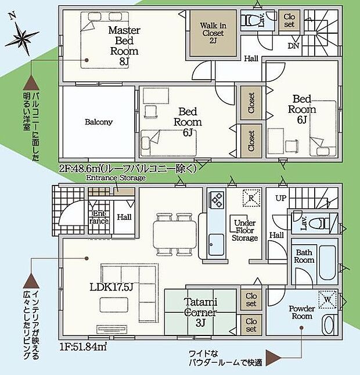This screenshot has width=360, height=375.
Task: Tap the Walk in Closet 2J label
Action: tap(214, 33)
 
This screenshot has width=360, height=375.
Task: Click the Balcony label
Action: tap(99, 123)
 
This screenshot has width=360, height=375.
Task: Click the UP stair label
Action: tap(280, 198)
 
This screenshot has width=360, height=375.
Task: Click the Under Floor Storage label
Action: tap(244, 230)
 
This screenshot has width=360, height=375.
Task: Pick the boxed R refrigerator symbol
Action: tap(250, 197)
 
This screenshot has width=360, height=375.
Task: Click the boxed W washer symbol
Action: tap(329, 299)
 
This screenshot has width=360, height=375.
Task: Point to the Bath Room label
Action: tap(305, 256)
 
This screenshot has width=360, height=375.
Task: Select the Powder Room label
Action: tap(301, 312)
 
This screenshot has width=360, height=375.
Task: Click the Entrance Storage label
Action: tap(116, 178)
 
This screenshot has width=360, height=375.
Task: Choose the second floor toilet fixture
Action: tap(250, 21)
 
